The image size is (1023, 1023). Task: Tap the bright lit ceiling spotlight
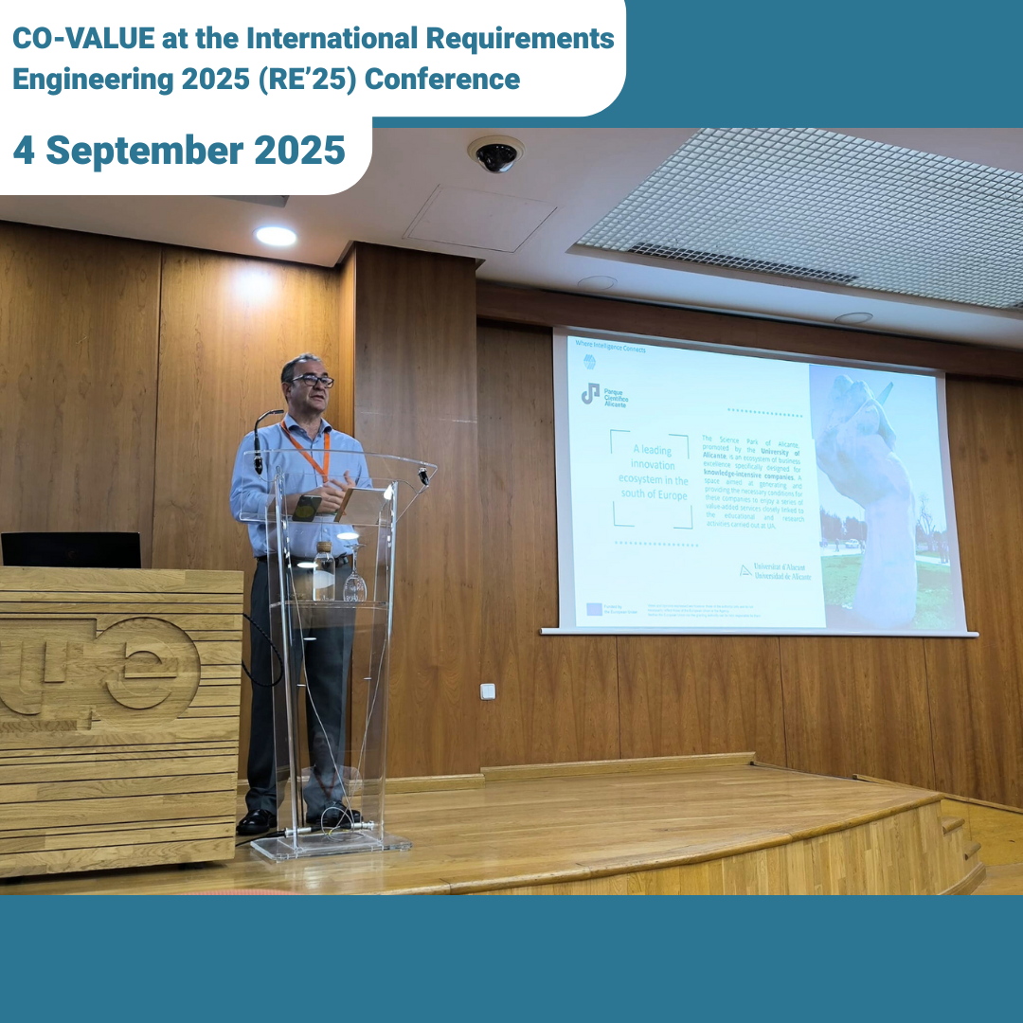coord(275,236)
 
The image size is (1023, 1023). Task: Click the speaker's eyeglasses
coord(313,381)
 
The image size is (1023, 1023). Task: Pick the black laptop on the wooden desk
coord(70,549)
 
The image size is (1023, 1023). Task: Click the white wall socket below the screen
coord(488,691)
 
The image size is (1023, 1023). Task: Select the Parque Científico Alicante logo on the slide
coord(604,394)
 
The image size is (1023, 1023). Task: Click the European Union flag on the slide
coord(594,609)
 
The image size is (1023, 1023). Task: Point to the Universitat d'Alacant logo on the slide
coord(775,571)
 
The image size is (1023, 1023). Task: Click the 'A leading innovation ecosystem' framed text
coord(650,479)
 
